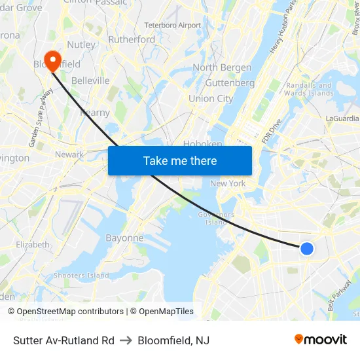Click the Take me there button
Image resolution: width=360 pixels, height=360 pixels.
tap(180, 160)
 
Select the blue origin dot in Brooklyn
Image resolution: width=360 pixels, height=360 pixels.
tap(306, 249)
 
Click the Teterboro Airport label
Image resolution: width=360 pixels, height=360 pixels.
tap(172, 26)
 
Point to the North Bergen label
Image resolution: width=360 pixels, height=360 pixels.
tap(222, 67)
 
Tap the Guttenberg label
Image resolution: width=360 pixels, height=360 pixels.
tap(230, 83)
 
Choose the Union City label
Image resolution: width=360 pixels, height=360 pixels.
tap(211, 99)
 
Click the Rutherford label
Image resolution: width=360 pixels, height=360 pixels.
tap(132, 39)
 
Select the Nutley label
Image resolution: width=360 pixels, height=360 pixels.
tap(81, 45)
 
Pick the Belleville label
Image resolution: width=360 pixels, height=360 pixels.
tap(90, 81)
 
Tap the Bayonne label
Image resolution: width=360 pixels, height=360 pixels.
tap(124, 238)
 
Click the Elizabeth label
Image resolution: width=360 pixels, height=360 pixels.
tap(33, 245)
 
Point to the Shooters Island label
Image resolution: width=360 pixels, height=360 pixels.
tap(81, 276)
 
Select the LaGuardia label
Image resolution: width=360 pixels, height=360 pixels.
tap(342, 118)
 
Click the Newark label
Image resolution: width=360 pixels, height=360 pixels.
tap(69, 154)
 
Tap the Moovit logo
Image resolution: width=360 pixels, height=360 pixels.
tap(321, 339)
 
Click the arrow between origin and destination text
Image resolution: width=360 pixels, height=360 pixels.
tap(126, 340)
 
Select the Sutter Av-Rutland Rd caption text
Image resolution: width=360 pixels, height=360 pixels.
tap(63, 340)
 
